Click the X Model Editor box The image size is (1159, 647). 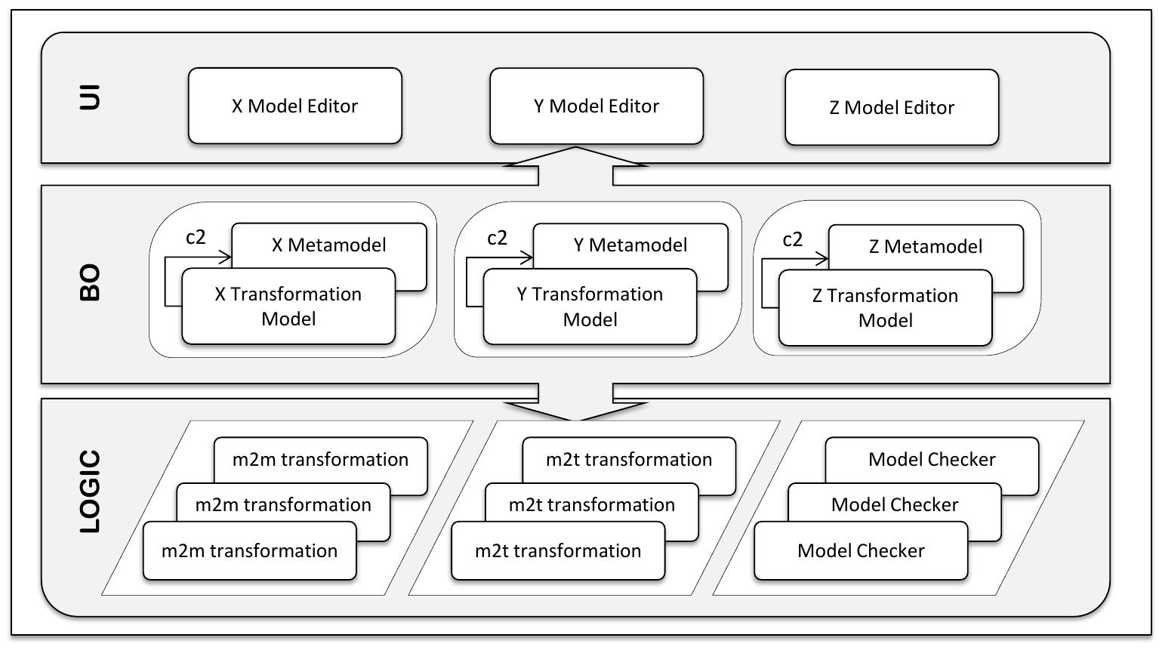294,106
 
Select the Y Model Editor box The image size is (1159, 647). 596,106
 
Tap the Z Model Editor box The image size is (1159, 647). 892,107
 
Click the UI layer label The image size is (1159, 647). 90,97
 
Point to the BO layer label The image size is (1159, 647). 90,283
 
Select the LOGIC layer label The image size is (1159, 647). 90,491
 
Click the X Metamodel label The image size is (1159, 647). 328,245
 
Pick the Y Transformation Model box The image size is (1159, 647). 590,307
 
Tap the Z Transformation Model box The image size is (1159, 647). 885,308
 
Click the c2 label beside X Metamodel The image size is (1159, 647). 196,237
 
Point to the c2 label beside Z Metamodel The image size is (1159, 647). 792,239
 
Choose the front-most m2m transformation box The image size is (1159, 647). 249,550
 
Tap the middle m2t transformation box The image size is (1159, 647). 591,504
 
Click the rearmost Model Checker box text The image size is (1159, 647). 932,459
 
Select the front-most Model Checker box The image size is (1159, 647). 861,550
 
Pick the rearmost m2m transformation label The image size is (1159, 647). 320,459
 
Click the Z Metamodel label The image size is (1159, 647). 926,246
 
